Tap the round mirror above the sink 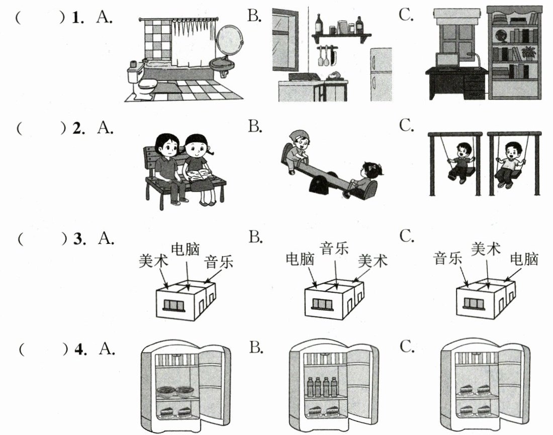click(229, 40)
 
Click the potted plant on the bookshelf click(528, 52)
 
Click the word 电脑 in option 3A click(186, 249)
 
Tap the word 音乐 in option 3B click(334, 248)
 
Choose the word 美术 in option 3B click(373, 261)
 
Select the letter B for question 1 click(255, 17)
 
